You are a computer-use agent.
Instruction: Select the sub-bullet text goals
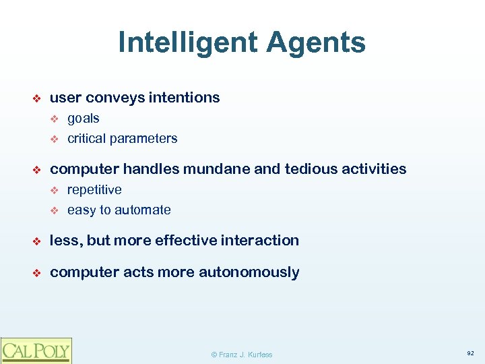coord(84,119)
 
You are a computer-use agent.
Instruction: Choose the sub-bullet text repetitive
coord(94,189)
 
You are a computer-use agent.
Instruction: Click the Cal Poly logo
coord(36,350)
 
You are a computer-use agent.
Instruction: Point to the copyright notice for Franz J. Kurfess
coord(242,355)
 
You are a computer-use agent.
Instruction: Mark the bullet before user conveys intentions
coord(38,98)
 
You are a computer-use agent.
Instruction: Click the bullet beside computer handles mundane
coord(38,169)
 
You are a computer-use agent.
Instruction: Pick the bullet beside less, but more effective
coord(38,241)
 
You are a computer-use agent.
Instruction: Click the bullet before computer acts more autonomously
coord(38,273)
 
